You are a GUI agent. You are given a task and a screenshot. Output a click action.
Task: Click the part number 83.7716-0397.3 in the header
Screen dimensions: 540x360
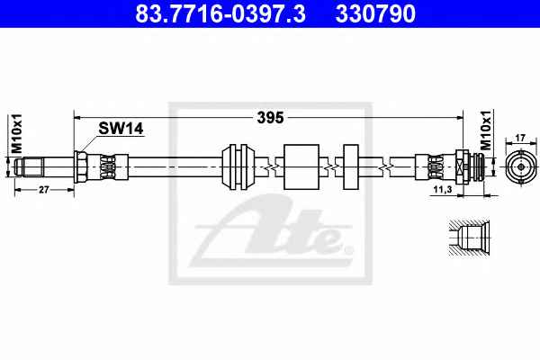click(x=220, y=13)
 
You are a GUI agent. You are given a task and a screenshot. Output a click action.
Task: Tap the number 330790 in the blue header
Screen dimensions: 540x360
click(x=375, y=13)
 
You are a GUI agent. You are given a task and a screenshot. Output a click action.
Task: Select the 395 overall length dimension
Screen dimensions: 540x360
click(x=270, y=118)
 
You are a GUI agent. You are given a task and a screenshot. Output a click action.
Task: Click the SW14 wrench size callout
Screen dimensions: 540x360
click(x=121, y=129)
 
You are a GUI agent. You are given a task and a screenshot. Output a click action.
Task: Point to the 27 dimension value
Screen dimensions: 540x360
click(x=44, y=190)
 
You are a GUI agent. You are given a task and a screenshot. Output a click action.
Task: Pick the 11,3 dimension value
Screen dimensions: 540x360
click(x=443, y=189)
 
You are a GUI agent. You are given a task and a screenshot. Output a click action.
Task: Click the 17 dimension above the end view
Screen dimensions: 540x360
click(x=520, y=138)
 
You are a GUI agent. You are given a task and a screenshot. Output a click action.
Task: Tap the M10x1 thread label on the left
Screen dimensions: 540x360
click(x=16, y=133)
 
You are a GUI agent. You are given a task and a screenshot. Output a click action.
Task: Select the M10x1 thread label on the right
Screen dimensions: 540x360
click(x=486, y=130)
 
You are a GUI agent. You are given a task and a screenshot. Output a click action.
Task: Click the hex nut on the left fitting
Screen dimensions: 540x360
click(x=80, y=166)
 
